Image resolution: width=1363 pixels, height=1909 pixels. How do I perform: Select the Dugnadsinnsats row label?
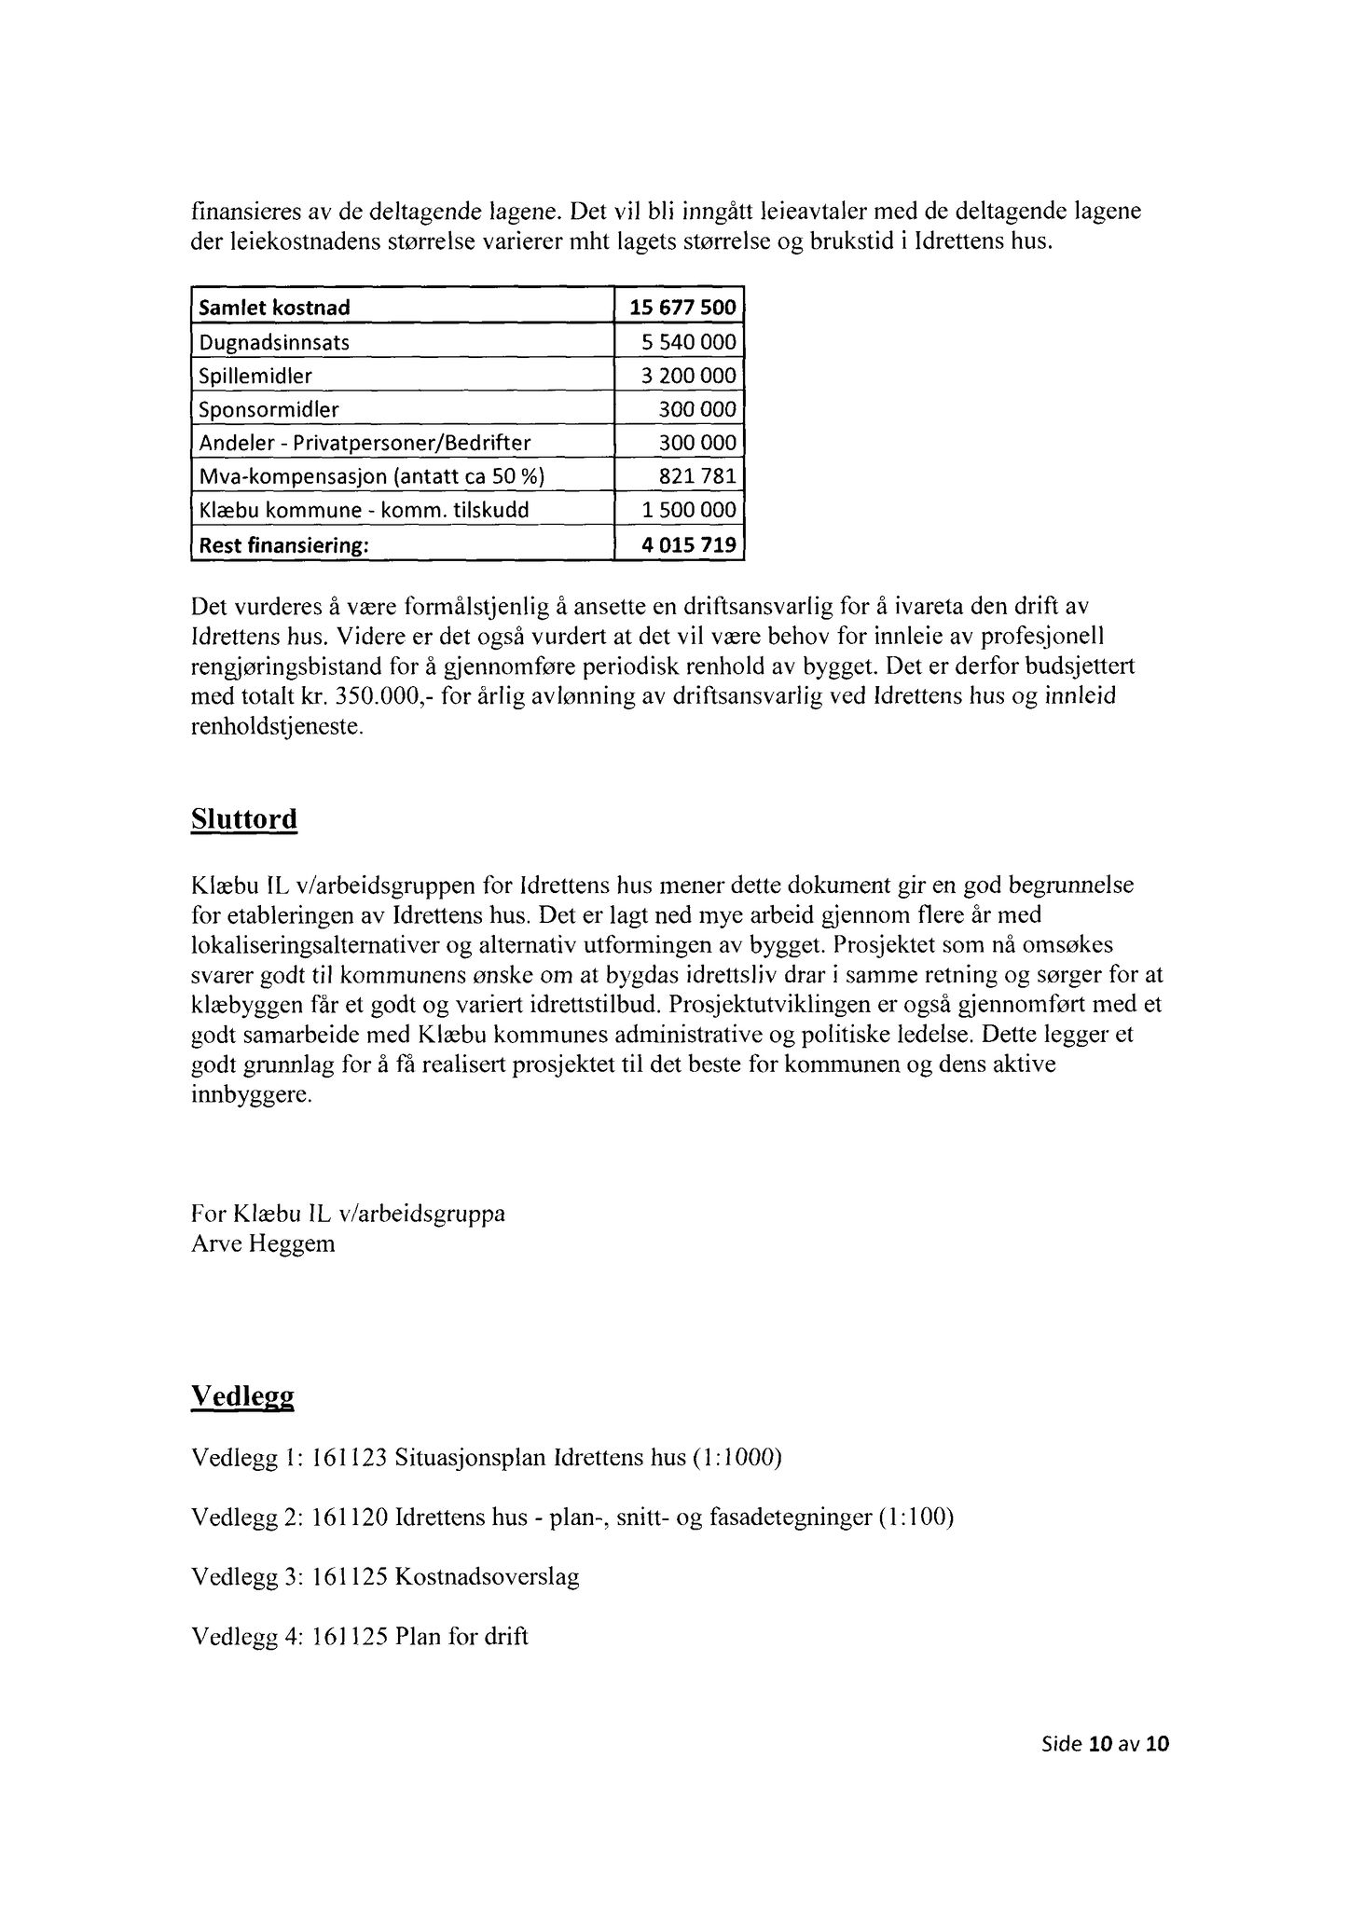pos(274,342)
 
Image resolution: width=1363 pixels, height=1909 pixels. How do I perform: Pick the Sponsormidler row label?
pos(268,409)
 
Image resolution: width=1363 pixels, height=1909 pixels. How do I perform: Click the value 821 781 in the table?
pos(698,477)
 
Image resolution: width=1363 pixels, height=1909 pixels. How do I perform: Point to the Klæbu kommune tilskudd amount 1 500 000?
pos(689,511)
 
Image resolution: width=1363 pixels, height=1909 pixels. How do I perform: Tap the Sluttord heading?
pos(243,819)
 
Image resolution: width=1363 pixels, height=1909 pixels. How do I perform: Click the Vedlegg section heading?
pos(242,1395)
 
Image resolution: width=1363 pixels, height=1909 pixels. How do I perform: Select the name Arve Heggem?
pos(262,1243)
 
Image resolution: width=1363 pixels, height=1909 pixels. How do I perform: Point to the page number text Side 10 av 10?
pos(1105,1744)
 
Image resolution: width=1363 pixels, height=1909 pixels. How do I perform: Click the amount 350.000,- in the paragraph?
pos(373,697)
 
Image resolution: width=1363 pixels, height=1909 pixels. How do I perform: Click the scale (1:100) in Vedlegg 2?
pos(916,1518)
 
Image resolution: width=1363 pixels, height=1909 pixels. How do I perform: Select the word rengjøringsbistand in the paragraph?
pos(283,667)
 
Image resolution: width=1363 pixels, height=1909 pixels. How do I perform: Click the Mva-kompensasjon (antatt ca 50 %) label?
pos(371,477)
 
